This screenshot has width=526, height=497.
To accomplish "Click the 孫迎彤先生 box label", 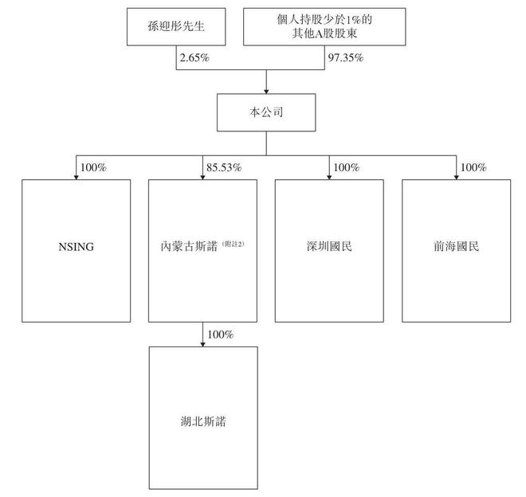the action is pyautogui.click(x=176, y=26).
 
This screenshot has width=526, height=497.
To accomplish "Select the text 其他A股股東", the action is pyautogui.click(x=324, y=33).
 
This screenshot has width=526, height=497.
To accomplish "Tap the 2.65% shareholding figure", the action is pyautogui.click(x=194, y=57).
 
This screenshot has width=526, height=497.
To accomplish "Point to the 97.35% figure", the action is pyautogui.click(x=346, y=57).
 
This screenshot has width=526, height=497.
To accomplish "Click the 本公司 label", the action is pyautogui.click(x=266, y=112).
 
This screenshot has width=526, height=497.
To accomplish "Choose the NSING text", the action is pyautogui.click(x=77, y=247).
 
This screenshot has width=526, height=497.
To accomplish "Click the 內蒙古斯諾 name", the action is pyautogui.click(x=189, y=246).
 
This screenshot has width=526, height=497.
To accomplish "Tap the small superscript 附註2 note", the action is pyautogui.click(x=234, y=244).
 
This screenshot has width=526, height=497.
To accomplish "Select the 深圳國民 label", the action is pyautogui.click(x=329, y=246).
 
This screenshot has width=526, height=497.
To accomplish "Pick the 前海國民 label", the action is pyautogui.click(x=456, y=246).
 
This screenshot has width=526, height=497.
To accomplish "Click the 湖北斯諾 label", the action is pyautogui.click(x=203, y=421).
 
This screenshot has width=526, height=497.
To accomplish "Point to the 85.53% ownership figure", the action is pyautogui.click(x=224, y=167).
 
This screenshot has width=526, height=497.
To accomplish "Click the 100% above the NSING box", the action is pyautogui.click(x=93, y=167).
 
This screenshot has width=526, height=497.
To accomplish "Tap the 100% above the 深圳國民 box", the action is pyautogui.click(x=347, y=167).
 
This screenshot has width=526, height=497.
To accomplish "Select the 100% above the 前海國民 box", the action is pyautogui.click(x=473, y=167).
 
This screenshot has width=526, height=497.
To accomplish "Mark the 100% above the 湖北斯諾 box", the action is pyautogui.click(x=221, y=335).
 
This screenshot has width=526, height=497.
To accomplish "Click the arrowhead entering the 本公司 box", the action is pyautogui.click(x=266, y=92).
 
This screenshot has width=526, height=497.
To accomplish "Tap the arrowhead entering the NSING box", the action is pyautogui.click(x=77, y=177).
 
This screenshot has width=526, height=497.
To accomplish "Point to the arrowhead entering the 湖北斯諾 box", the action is pyautogui.click(x=202, y=344).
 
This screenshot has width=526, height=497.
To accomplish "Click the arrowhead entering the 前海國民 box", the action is pyautogui.click(x=456, y=177).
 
